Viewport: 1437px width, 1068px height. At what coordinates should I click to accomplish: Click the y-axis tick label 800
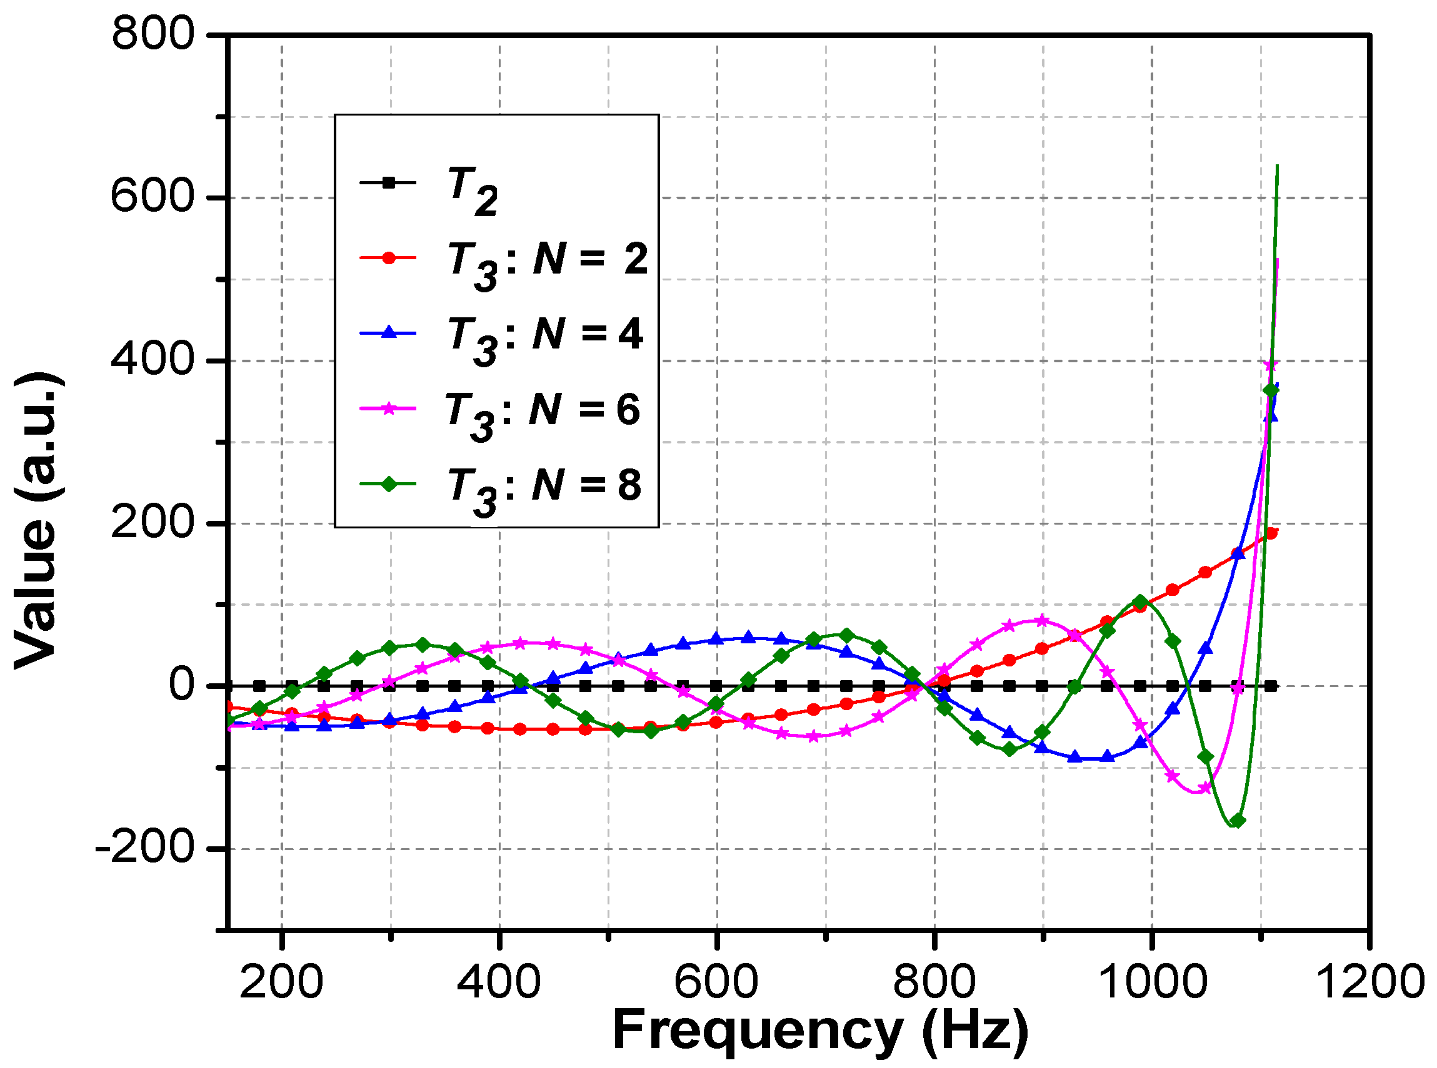pos(153,34)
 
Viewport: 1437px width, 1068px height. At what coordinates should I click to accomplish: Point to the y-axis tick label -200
pos(144,847)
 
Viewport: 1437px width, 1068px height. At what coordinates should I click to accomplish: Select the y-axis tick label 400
pos(153,360)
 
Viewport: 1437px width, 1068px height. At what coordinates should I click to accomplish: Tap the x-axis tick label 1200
pos(1370,982)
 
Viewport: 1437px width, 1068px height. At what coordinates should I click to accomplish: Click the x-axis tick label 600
pos(716,982)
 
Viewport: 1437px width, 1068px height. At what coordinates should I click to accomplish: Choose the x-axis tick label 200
pos(281,982)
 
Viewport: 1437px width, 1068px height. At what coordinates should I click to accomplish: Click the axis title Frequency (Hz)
pos(819,1031)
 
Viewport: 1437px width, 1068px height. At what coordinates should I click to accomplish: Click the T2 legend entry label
pos(473,190)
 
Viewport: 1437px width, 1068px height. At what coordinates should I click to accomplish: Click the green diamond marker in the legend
pos(388,483)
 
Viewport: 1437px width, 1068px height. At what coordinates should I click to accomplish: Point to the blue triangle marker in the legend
pos(388,332)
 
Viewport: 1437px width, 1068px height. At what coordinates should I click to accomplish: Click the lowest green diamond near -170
pos(1237,821)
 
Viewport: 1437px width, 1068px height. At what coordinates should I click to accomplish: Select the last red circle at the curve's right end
pos(1271,533)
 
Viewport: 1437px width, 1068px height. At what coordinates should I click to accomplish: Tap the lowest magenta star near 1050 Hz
pos(1204,788)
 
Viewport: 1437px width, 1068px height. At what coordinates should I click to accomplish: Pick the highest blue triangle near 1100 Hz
pos(1271,415)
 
